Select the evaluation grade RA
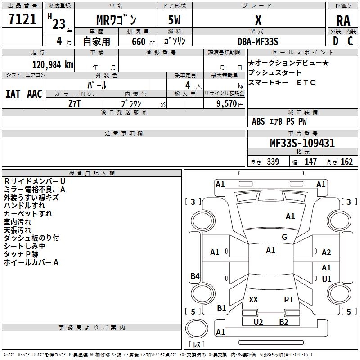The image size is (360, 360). [343, 20]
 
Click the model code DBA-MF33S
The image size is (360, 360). [258, 41]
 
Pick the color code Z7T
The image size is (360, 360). [74, 103]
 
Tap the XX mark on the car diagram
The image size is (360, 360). [253, 299]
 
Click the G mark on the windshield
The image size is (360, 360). [284, 237]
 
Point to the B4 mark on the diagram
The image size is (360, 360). [195, 276]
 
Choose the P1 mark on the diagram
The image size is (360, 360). [288, 299]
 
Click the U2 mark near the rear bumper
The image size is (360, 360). [258, 322]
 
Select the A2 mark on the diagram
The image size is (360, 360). [326, 252]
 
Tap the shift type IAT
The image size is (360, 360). [13, 94]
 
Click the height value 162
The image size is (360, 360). [346, 162]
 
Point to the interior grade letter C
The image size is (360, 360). [350, 41]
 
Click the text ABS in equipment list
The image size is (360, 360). [258, 121]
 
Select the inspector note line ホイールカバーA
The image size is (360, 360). [31, 262]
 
